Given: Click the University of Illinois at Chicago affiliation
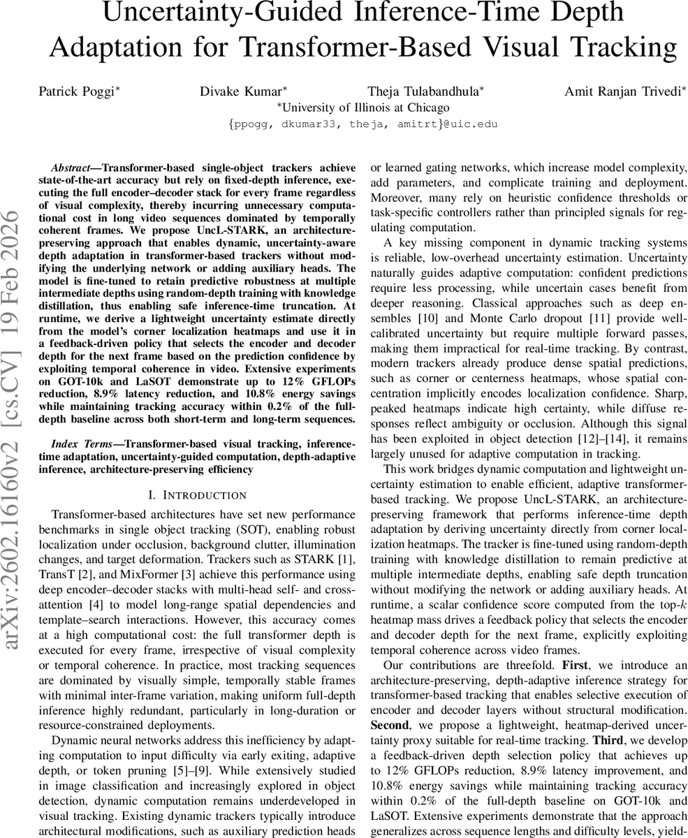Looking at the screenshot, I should tap(363, 108).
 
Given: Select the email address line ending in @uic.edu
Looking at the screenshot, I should tap(363, 124).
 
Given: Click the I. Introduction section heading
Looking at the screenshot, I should tap(198, 495).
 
